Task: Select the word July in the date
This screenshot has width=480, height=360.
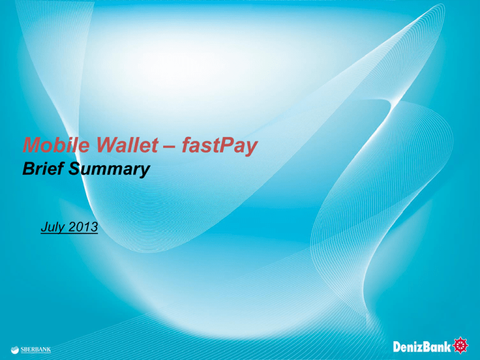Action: (x=49, y=228)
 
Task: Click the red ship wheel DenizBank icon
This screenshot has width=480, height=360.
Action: (x=462, y=343)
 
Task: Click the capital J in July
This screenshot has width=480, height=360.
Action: (x=41, y=227)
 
